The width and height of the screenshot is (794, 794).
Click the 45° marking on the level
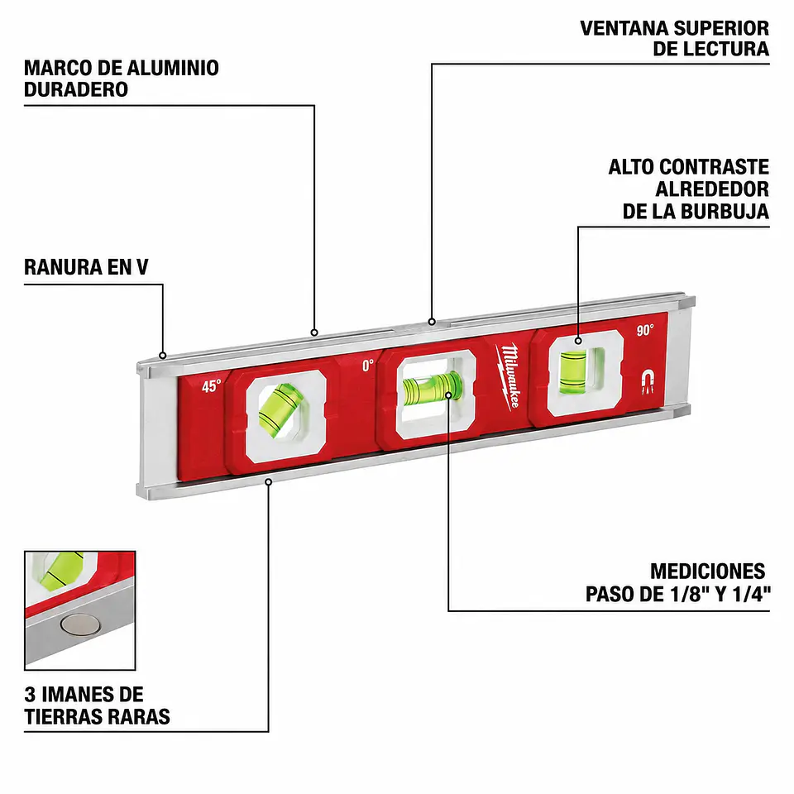[212, 386]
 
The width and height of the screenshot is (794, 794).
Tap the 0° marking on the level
[368, 365]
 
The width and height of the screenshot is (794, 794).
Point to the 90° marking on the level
[645, 330]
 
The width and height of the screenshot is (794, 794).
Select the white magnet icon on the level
[648, 380]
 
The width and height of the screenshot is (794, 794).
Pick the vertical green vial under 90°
[573, 371]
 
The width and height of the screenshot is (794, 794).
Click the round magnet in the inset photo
[80, 624]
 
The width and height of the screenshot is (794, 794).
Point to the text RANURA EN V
[86, 267]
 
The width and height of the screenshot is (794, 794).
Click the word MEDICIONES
[707, 572]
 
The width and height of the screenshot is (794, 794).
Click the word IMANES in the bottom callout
[93, 695]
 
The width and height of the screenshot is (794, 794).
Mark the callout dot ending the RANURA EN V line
[163, 356]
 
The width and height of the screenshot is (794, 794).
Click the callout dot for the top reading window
[432, 322]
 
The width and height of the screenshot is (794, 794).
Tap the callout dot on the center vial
[448, 395]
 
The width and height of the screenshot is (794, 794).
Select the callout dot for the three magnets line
[268, 481]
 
